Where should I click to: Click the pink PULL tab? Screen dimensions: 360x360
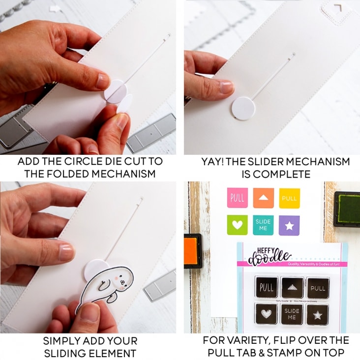pyautogui.click(x=237, y=198)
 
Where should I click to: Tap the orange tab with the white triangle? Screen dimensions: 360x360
pyautogui.click(x=263, y=198)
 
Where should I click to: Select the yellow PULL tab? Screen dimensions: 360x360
pyautogui.click(x=289, y=198)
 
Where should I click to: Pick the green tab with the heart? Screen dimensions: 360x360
pyautogui.click(x=237, y=224)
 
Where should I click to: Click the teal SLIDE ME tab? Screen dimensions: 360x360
pyautogui.click(x=263, y=224)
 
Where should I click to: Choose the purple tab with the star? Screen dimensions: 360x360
pyautogui.click(x=289, y=224)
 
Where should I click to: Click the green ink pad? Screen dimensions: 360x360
pyautogui.click(x=347, y=209)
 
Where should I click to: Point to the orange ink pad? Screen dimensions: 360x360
pyautogui.click(x=193, y=250)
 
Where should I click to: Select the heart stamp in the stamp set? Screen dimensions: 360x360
pyautogui.click(x=266, y=313)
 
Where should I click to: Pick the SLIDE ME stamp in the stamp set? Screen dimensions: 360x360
pyautogui.click(x=292, y=314)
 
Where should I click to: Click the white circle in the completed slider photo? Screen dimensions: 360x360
pyautogui.click(x=244, y=108)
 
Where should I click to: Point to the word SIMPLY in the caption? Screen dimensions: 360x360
pyautogui.click(x=61, y=340)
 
